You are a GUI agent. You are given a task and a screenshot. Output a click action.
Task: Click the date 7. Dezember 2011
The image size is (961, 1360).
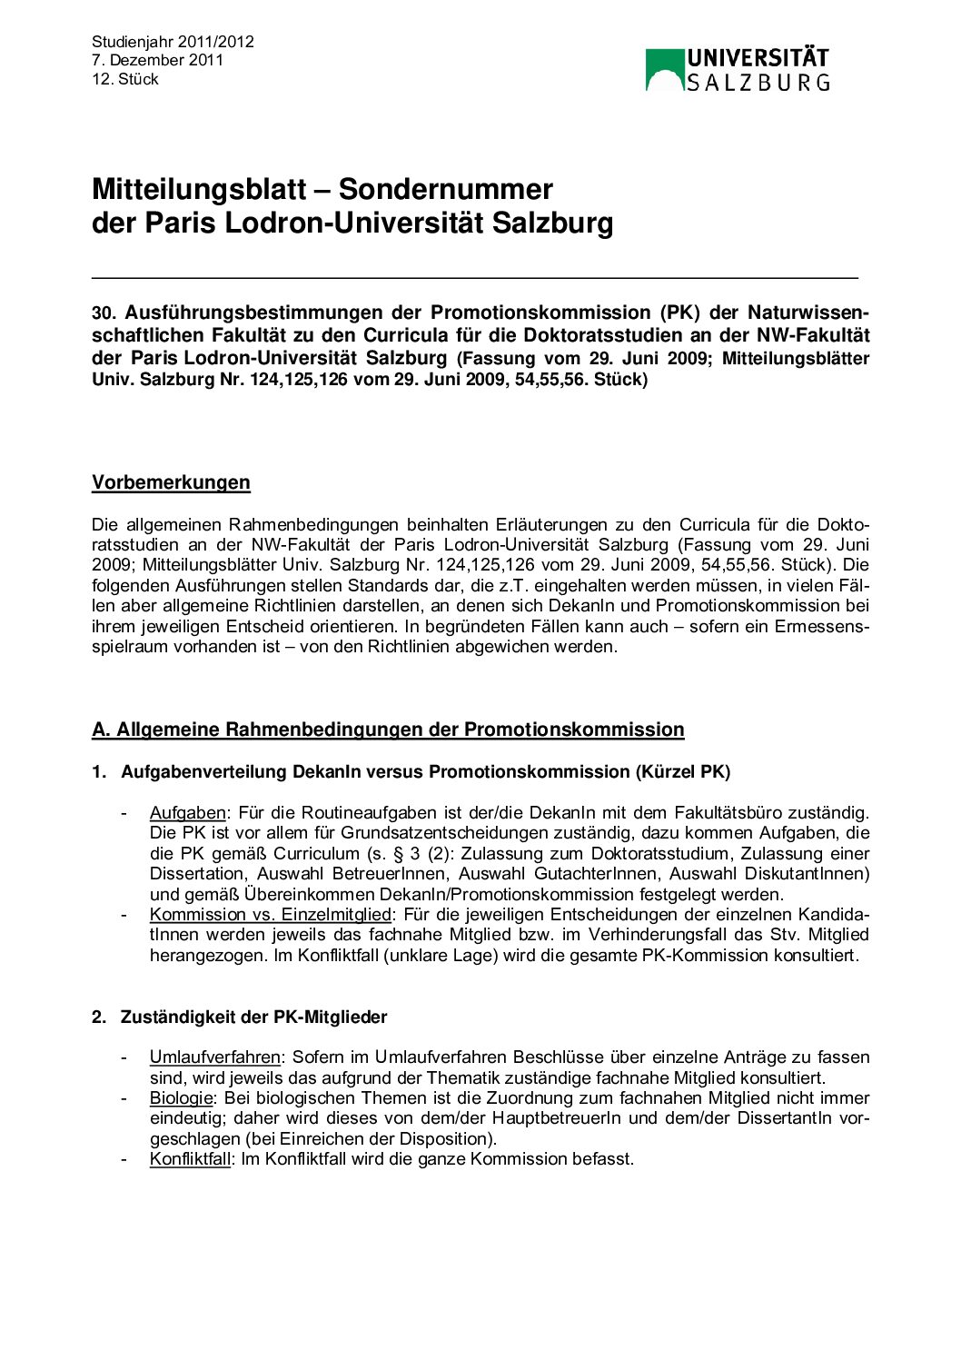(157, 61)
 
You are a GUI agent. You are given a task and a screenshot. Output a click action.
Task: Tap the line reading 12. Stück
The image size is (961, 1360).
(125, 80)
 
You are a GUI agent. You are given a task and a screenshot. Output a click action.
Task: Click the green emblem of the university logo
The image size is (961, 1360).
(664, 70)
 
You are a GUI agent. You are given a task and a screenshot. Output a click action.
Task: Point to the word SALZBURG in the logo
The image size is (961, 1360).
(758, 83)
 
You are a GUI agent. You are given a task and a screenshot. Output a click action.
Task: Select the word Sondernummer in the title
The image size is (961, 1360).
(445, 189)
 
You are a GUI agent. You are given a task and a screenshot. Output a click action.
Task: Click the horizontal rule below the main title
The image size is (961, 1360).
(474, 276)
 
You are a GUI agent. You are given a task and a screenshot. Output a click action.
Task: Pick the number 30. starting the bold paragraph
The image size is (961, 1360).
(104, 313)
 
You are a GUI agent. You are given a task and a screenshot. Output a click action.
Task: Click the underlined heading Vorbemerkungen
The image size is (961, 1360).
(171, 482)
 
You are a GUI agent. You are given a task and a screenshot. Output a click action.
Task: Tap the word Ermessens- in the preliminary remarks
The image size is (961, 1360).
(822, 627)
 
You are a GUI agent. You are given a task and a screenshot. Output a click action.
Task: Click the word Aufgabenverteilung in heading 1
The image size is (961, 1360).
(204, 772)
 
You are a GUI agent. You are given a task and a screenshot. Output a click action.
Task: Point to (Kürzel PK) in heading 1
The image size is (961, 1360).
(682, 772)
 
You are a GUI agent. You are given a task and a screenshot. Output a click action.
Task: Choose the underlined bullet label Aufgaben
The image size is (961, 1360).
(187, 813)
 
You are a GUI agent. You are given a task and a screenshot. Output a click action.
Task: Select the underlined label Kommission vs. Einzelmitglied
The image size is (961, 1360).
(270, 915)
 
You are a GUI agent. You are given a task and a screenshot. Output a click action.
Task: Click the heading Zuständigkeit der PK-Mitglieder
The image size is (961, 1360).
(253, 1018)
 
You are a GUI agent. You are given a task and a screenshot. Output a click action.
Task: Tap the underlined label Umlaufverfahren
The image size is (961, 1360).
(214, 1057)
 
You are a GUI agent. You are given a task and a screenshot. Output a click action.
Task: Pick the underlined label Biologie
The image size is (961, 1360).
(181, 1098)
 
